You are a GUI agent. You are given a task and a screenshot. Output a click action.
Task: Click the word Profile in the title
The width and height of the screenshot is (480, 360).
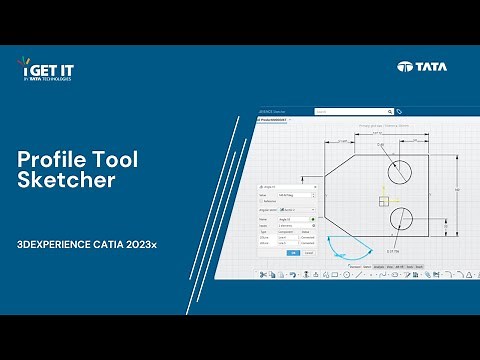[x=50, y=159]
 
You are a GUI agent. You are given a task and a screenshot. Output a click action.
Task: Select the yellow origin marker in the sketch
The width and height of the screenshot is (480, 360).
[x=383, y=200]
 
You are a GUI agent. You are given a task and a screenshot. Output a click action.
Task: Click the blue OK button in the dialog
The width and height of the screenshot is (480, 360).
[x=293, y=252]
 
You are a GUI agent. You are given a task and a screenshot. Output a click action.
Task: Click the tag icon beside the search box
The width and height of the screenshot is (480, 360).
[x=399, y=112]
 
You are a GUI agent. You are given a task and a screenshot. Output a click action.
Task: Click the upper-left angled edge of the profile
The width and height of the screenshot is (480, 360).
[x=346, y=167]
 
